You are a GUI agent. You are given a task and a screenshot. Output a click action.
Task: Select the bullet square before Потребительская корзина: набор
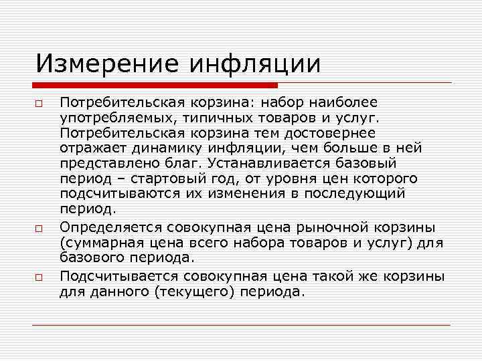[40, 104]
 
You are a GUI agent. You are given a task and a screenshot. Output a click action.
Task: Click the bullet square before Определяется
[40, 229]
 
